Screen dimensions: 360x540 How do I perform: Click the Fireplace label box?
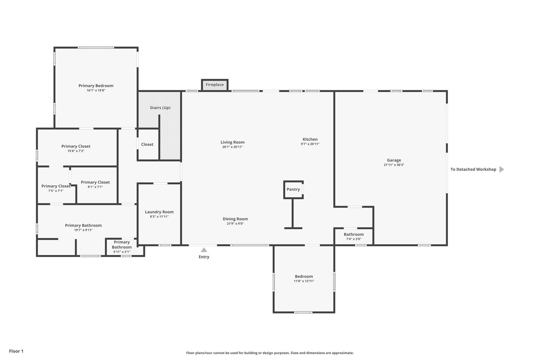215,85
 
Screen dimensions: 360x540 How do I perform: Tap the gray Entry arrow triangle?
204,250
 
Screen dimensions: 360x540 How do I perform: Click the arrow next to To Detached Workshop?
502,169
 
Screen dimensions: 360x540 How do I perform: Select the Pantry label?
293,189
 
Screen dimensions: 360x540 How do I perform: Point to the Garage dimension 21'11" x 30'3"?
394,165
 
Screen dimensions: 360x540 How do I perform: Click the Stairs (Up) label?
160,108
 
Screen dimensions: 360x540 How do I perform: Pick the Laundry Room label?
159,212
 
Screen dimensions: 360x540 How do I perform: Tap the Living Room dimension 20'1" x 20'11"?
232,147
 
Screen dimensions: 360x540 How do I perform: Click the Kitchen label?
310,139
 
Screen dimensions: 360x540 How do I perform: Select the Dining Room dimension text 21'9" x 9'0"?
235,224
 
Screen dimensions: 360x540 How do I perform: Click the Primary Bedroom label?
96,86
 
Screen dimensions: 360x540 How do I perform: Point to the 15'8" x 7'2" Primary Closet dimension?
76,151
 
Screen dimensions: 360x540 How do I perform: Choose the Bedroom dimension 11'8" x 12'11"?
304,281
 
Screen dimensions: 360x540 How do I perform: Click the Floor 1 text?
16,351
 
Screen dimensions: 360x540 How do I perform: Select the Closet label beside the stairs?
147,144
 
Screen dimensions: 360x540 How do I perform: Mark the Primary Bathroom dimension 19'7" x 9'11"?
83,230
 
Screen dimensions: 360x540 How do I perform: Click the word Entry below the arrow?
204,257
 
